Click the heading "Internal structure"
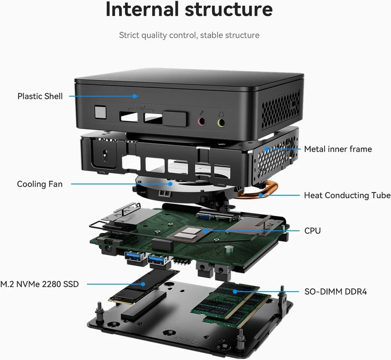189,10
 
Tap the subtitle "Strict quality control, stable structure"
189,35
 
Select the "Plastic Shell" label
40,97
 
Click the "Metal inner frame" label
338,149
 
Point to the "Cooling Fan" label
40,184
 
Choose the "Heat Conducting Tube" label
347,195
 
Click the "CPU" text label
312,231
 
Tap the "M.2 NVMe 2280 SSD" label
40,284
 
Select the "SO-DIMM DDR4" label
336,292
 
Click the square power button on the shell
100,112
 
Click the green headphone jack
221,122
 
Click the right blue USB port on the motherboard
157,259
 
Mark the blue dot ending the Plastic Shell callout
134,97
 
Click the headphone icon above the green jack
221,114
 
